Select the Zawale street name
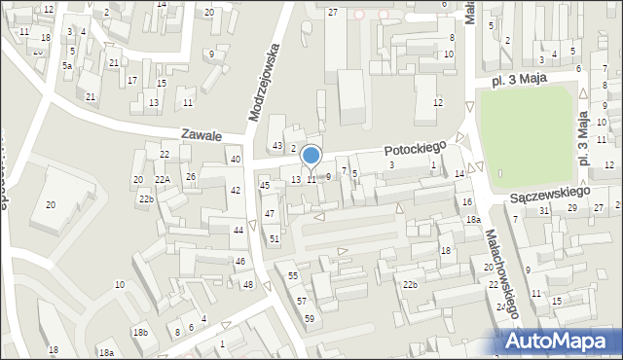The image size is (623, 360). tap(202, 136)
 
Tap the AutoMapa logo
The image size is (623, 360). tap(561, 342)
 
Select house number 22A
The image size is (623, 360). tap(162, 180)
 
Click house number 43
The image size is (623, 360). tap(277, 146)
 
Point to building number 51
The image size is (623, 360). tap(275, 238)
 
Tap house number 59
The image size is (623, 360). tap(309, 319)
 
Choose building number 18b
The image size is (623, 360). tap(140, 333)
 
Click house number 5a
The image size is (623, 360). tap(67, 65)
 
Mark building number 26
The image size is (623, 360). tap(191, 176)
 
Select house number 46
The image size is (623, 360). tap(240, 262)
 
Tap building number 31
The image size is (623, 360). tap(544, 210)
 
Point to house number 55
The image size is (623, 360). tap(293, 277)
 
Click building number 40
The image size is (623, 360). tap(236, 159)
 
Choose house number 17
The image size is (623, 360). tap(133, 80)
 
